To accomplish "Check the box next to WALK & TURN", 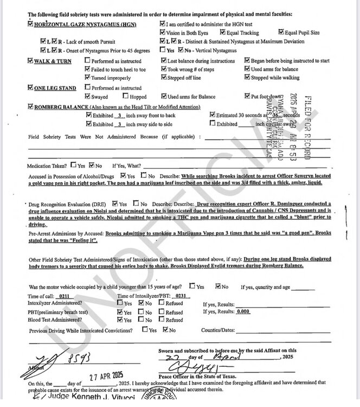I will coord(30,61).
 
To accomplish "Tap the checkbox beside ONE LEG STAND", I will coord(30,87).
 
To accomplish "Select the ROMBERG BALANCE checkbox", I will coord(30,106).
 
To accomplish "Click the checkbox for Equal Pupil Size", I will coord(281,33).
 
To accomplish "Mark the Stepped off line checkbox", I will coord(163,78).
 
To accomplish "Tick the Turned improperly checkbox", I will coord(87,78).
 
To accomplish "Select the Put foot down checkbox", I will coord(247,97).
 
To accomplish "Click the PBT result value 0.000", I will coord(242,312).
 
